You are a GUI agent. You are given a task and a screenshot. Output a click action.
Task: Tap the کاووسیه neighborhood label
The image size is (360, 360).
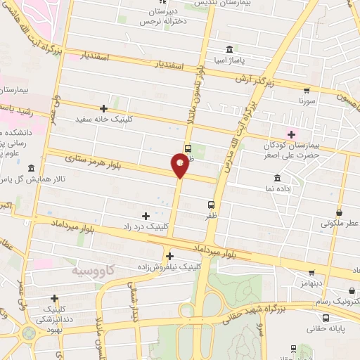[x=94, y=270]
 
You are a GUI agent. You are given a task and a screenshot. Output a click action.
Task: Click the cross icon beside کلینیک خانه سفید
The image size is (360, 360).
[x=104, y=108]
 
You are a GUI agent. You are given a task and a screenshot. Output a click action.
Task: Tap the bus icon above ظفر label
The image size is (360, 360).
[x=212, y=205]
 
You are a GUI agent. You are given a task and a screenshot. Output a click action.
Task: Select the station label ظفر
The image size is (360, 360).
[x=211, y=217]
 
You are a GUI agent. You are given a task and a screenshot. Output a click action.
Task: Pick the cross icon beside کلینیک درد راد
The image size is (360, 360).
[x=146, y=216]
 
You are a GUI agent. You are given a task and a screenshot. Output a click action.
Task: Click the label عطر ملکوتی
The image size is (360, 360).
[x=340, y=223]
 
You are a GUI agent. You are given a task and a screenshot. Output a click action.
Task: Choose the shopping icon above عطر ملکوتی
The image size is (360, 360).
[x=340, y=212]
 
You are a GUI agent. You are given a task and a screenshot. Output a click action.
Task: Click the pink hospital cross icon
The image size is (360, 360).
[x=291, y=134]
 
